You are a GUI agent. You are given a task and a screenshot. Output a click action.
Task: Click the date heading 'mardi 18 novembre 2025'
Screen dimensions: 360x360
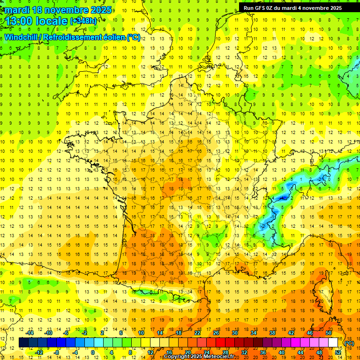click(x=59, y=10)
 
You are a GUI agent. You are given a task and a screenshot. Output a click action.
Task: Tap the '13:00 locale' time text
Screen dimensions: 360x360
click(x=37, y=21)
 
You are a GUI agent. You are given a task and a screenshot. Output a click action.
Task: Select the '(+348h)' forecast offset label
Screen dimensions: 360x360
click(x=83, y=21)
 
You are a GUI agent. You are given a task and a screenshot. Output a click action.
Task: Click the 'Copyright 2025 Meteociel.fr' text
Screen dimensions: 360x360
click(x=199, y=357)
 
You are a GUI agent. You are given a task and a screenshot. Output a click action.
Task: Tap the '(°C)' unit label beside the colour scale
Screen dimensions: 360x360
click(x=349, y=343)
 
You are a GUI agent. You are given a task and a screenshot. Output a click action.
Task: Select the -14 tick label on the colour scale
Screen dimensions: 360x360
click(x=30, y=333)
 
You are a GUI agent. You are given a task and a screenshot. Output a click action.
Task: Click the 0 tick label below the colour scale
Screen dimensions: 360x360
click(x=93, y=352)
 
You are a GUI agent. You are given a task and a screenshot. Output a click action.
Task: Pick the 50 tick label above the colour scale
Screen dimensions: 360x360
click(x=329, y=333)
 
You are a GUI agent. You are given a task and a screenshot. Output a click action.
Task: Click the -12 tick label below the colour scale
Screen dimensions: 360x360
click(x=39, y=352)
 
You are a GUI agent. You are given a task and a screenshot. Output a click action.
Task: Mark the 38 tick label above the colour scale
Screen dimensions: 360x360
click(x=272, y=333)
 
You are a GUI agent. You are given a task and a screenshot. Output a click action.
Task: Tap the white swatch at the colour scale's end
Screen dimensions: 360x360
click(x=333, y=343)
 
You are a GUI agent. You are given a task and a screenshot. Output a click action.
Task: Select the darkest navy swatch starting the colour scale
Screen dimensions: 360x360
click(x=23, y=343)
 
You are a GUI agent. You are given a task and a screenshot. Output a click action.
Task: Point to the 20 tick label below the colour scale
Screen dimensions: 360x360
click(x=187, y=352)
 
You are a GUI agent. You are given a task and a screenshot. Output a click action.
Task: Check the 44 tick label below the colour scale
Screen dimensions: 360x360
click(x=300, y=352)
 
